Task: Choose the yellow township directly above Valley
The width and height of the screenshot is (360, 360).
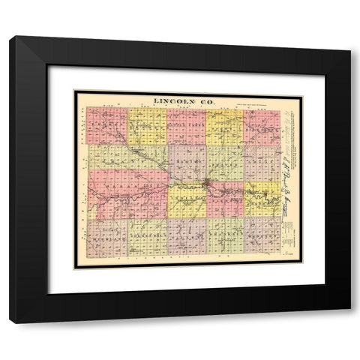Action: point(187,199)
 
